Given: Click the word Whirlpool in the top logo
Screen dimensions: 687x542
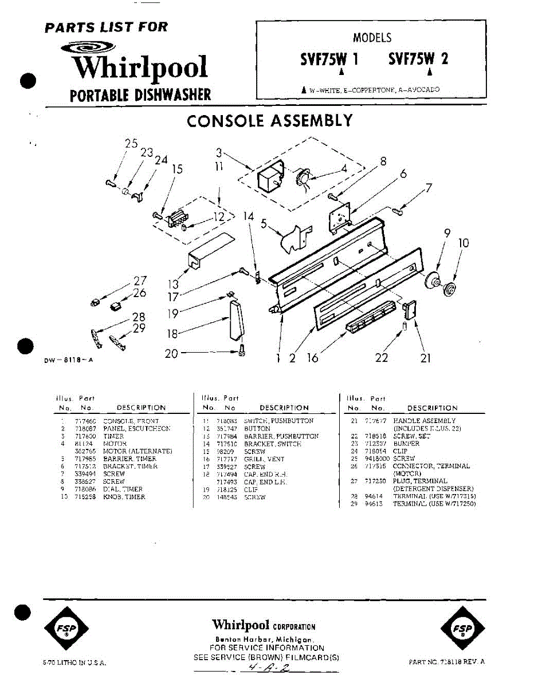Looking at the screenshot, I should tap(140, 68).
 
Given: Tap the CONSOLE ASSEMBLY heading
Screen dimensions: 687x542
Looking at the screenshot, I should tap(269, 121).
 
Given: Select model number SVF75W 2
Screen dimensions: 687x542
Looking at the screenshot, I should tap(418, 59).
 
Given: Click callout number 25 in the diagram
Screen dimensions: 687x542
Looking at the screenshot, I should tap(132, 144).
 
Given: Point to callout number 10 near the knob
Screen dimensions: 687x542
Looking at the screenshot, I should tap(464, 243).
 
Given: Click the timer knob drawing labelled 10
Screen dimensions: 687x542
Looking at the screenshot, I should tap(449, 288).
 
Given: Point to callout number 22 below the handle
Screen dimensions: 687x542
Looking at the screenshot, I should tap(381, 358).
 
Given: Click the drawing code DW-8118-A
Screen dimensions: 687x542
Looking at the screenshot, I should tap(68, 361).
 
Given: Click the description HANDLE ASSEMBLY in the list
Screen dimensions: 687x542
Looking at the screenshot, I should tap(425, 421).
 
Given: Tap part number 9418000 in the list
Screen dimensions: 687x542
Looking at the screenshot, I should tap(378, 459).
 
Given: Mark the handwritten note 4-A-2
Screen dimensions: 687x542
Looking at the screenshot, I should tap(266, 668).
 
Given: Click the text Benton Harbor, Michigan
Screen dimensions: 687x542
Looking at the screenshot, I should tap(264, 639).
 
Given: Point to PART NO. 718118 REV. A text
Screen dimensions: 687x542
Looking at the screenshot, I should tap(447, 662).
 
